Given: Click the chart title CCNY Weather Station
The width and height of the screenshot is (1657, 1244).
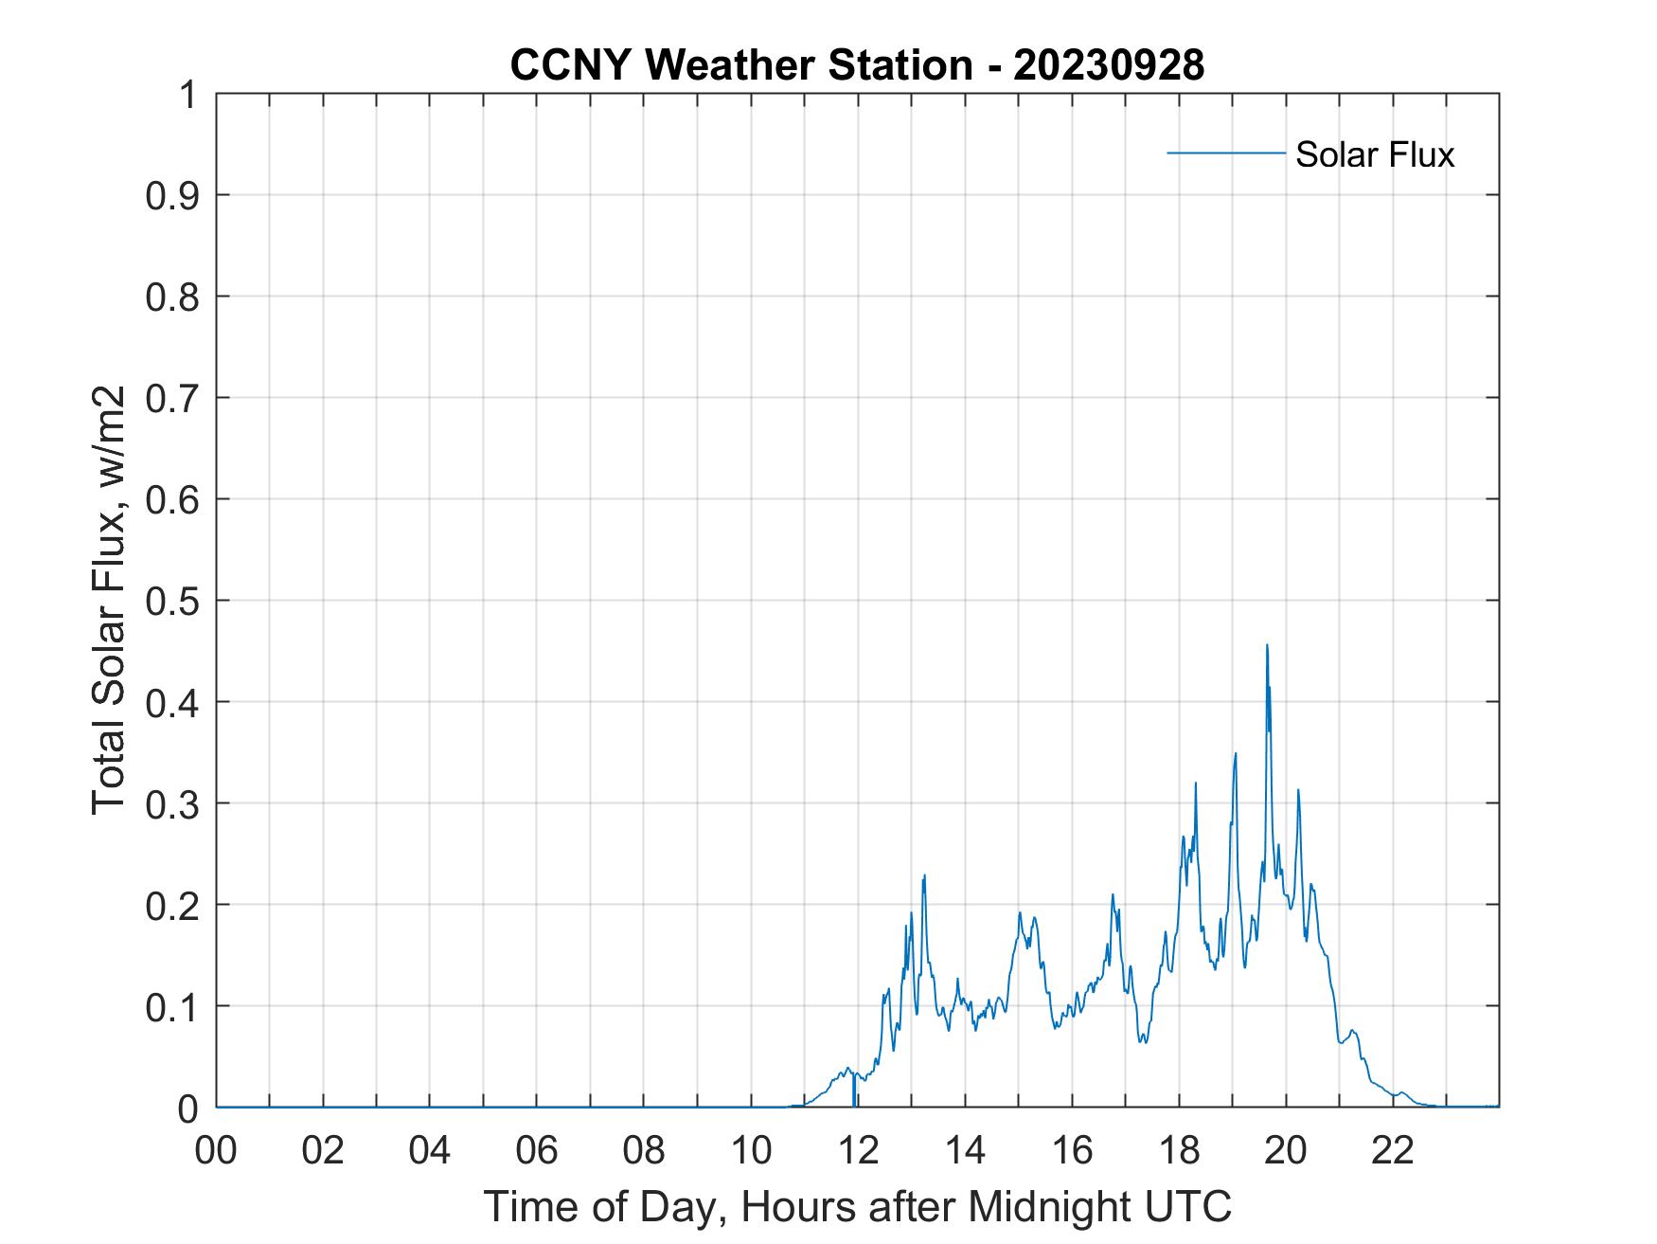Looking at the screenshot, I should tap(740, 65).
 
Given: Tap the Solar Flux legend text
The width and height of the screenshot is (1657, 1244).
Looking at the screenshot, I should tap(1374, 154).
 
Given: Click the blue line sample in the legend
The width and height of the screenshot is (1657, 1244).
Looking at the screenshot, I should tap(1226, 153).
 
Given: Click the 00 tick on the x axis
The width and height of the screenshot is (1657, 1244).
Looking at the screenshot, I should tap(216, 1150).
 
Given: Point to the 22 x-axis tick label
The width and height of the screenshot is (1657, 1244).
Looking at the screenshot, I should tap(1393, 1150).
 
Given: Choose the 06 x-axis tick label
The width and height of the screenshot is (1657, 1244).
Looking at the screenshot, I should tap(537, 1150).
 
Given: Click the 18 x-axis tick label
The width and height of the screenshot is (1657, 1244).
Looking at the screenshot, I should tap(1179, 1150).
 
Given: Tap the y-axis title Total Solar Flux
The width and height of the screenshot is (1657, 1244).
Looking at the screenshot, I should tap(109, 601).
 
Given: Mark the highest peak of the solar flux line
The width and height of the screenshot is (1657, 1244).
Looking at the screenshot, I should tap(1267, 646).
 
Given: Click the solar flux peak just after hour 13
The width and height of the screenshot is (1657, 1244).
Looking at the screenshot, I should tap(924, 875).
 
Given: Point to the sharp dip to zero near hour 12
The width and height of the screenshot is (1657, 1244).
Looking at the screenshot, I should tap(854, 1103).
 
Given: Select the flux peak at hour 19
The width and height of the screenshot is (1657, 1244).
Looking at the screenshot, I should tap(1236, 754).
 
